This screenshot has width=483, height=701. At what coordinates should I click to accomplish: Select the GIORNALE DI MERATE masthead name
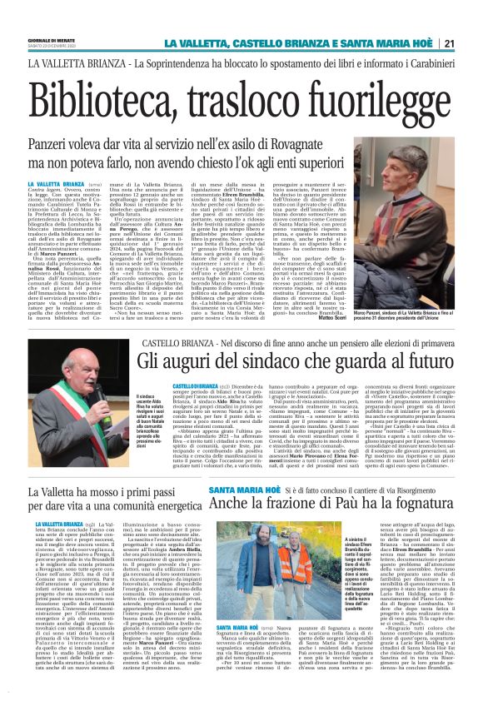(45, 39)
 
